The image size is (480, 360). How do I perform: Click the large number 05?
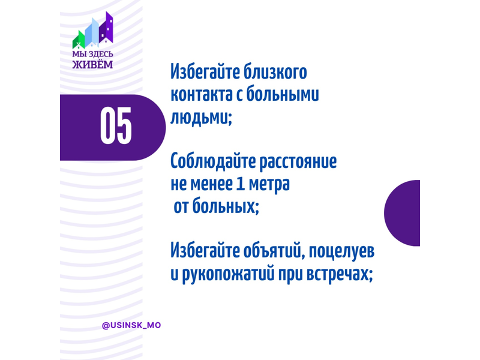pos(116,125)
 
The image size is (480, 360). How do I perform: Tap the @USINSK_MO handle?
pos(131,325)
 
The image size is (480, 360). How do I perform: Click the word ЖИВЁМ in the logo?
pos(92,65)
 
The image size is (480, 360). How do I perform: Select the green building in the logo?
pos(79,40)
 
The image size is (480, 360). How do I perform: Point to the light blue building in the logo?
pos(92,32)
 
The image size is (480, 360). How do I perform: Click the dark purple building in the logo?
pos(106,28)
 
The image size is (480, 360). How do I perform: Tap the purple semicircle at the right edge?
pos(402,213)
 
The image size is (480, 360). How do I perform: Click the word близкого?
pos(275,72)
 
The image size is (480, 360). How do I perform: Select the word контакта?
pos(202,95)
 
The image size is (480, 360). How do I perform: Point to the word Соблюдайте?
pos(214,161)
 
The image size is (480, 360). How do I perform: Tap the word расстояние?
pos(298,162)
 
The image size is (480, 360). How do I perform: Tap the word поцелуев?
pos(341,252)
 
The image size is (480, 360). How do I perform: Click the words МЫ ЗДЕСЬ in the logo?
pos(92,55)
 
